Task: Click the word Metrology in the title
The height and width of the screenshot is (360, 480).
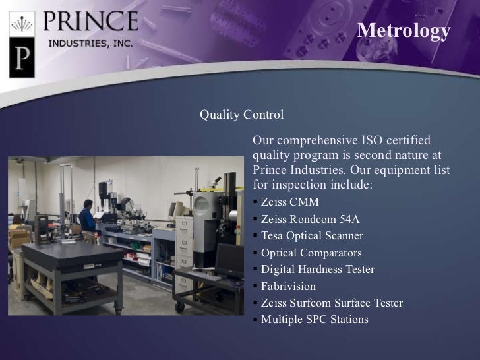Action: (403, 31)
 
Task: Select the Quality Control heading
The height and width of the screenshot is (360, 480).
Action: (241, 115)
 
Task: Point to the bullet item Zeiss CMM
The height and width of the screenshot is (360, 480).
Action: (289, 202)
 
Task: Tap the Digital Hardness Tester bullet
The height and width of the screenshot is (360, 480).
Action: (317, 270)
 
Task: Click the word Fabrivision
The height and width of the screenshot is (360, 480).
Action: (288, 287)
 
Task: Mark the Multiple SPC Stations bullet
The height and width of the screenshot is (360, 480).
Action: (314, 320)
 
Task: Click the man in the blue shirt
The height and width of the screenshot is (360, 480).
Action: (86, 217)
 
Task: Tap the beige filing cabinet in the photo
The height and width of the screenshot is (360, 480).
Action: (185, 237)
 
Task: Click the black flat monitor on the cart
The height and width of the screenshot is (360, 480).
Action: (229, 260)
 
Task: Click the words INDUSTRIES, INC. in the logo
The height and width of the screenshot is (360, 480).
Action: (90, 43)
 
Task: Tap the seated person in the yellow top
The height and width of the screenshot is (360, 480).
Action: (18, 225)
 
